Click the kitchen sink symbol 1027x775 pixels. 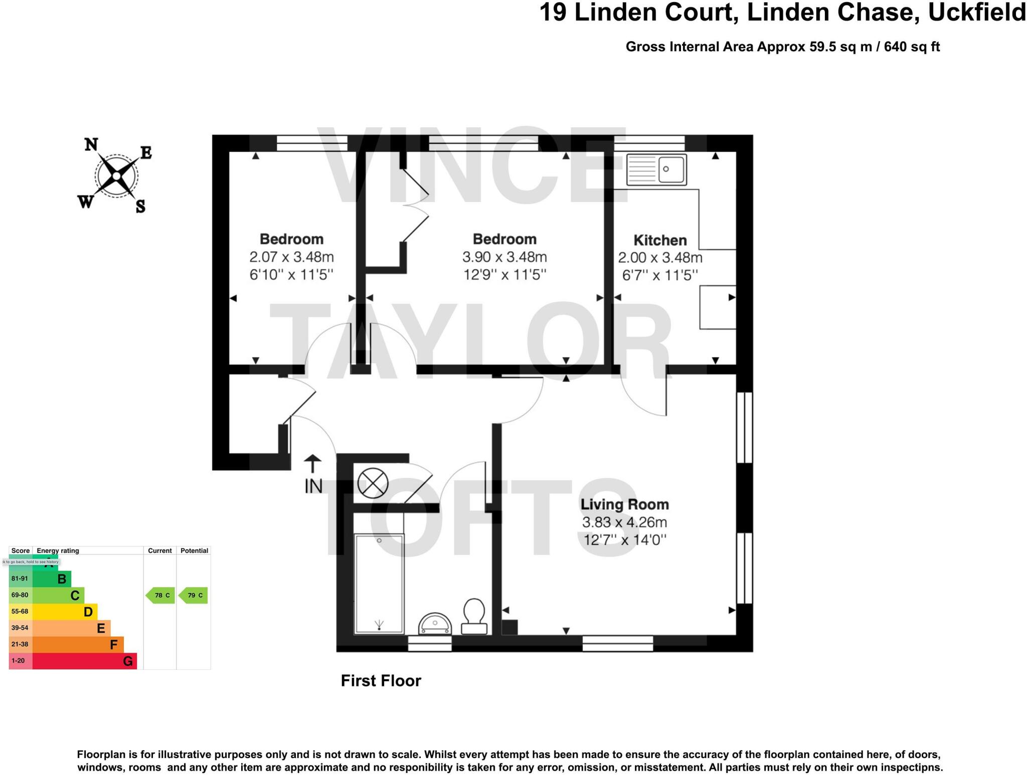pyautogui.click(x=656, y=169)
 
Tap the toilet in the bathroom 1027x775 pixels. pyautogui.click(x=474, y=616)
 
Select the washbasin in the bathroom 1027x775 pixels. pyautogui.click(x=435, y=624)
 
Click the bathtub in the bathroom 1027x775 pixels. pyautogui.click(x=379, y=584)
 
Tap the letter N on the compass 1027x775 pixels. pyautogui.click(x=91, y=145)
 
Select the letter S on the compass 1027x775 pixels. pyautogui.click(x=141, y=206)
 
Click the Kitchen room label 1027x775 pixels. pyautogui.click(x=659, y=240)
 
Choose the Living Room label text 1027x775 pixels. pyautogui.click(x=624, y=504)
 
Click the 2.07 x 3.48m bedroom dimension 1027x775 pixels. pyautogui.click(x=291, y=257)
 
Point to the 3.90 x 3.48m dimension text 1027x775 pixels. pyautogui.click(x=504, y=257)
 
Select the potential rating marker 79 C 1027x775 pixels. pyautogui.click(x=194, y=596)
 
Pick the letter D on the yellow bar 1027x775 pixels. pyautogui.click(x=88, y=612)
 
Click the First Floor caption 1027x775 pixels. pyautogui.click(x=381, y=681)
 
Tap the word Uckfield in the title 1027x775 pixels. pyautogui.click(x=976, y=13)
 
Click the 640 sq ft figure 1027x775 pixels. pyautogui.click(x=911, y=47)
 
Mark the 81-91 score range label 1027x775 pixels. pyautogui.click(x=20, y=578)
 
